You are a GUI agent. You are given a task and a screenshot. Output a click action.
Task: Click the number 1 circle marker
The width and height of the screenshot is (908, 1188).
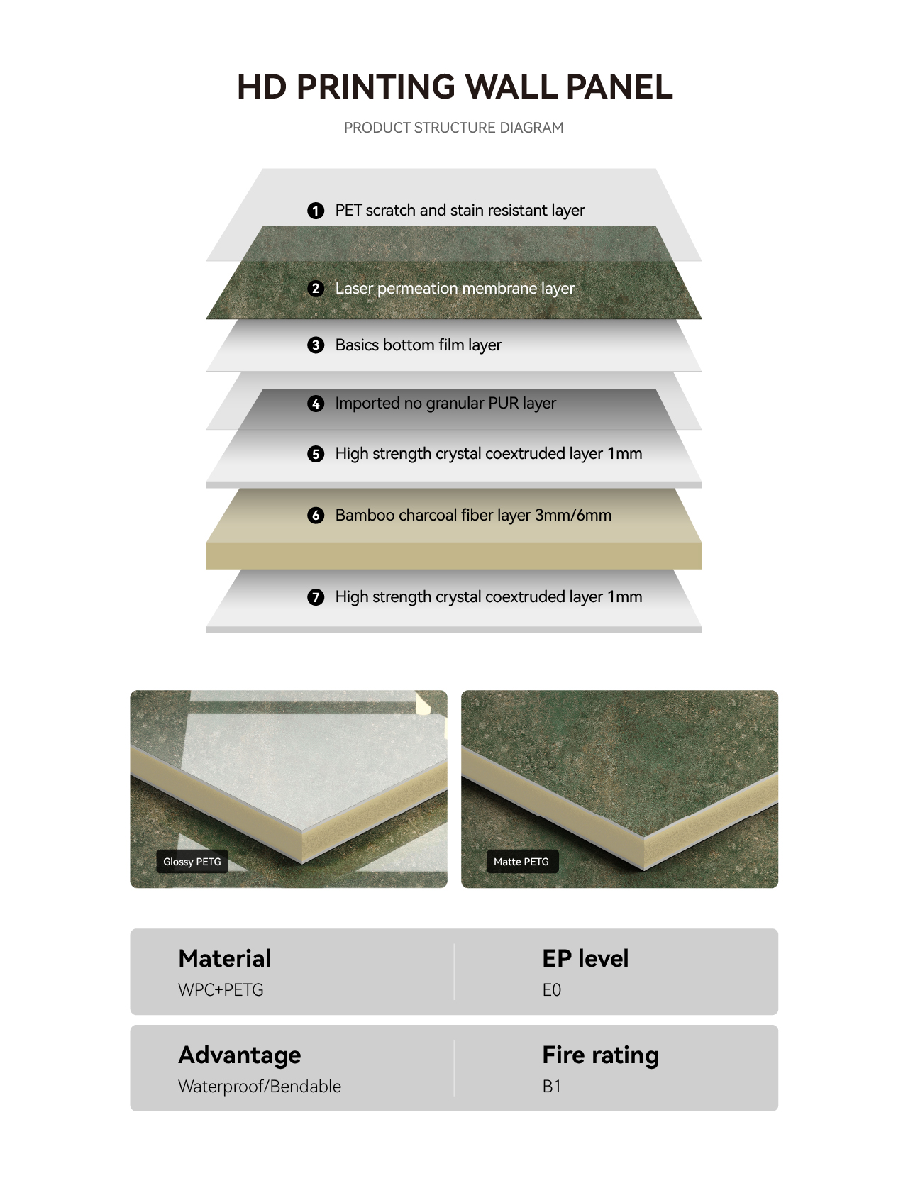(316, 211)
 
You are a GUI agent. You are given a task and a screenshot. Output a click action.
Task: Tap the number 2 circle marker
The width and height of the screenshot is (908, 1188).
(316, 289)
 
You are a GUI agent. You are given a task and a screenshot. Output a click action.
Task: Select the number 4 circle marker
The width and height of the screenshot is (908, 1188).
(316, 404)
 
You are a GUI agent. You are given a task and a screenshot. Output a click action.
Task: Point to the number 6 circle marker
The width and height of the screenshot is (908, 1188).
(316, 515)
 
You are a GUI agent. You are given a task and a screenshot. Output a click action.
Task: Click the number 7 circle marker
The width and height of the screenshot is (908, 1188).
(316, 597)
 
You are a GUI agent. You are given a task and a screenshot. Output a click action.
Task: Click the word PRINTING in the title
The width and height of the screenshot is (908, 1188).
(376, 87)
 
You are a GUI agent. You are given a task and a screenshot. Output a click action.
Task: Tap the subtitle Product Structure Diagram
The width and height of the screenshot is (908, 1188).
(453, 128)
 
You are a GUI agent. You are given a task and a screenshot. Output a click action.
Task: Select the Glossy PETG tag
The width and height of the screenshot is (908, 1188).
(192, 862)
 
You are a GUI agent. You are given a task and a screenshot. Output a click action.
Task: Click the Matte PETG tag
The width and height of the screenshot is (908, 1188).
(521, 862)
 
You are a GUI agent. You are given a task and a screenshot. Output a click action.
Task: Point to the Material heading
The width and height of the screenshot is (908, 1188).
(225, 958)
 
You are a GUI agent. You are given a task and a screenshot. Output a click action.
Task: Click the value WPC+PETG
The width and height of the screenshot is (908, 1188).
(221, 990)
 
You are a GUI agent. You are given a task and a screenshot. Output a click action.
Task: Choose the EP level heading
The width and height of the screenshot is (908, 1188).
(585, 958)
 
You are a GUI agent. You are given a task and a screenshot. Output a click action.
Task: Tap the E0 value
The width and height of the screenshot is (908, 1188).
(551, 990)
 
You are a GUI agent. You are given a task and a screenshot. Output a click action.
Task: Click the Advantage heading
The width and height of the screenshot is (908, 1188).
(240, 1055)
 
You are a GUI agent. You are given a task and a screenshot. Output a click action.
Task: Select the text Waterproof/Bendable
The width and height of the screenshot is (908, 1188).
(260, 1087)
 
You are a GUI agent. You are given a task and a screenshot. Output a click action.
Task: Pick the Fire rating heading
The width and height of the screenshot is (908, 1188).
(601, 1055)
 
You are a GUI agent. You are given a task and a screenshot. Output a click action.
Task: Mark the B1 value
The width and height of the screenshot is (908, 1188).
(551, 1087)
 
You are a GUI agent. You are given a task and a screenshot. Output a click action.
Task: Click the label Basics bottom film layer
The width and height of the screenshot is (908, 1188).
(419, 345)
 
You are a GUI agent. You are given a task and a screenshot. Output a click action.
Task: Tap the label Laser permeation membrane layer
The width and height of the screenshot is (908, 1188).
(455, 289)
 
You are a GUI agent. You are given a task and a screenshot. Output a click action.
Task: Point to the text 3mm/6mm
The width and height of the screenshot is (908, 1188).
(573, 515)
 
